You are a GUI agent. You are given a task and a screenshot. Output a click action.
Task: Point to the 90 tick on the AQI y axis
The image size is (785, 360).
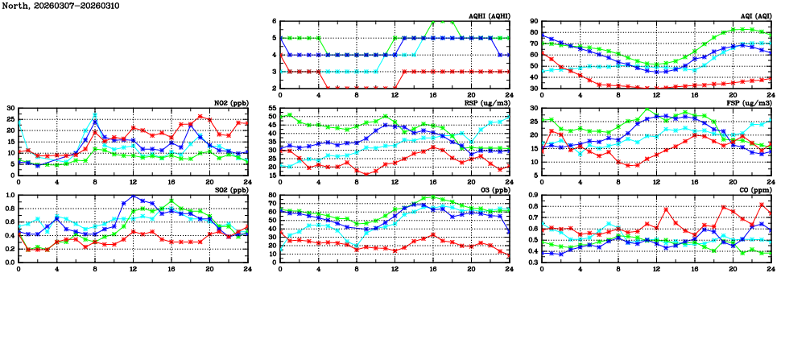pos(533,22)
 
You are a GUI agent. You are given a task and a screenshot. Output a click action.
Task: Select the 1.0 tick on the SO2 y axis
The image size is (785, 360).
pos(9,195)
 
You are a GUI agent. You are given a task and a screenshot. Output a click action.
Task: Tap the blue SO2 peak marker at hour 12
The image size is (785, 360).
pos(134,197)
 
